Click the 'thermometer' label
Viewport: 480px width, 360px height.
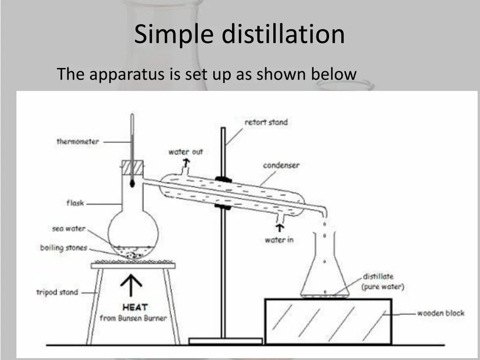[x=77, y=141]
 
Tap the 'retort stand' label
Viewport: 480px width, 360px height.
[x=266, y=122]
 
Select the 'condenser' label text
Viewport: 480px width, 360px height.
[x=281, y=165]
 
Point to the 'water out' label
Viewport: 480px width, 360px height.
[x=186, y=152]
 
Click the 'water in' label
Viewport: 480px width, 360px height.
[x=279, y=240]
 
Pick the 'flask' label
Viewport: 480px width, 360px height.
[x=75, y=203]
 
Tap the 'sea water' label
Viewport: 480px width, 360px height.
[x=69, y=229]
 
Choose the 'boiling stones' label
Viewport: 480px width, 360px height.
[x=64, y=247]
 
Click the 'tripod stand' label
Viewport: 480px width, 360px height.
[x=57, y=292]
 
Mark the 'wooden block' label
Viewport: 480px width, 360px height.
[x=441, y=313]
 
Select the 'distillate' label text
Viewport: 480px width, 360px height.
[x=378, y=277]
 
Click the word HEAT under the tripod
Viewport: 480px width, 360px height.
[x=135, y=307]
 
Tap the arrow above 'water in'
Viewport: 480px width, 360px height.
[x=280, y=228]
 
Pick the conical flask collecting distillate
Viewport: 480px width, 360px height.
[x=324, y=272]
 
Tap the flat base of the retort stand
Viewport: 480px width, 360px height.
[x=225, y=341]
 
